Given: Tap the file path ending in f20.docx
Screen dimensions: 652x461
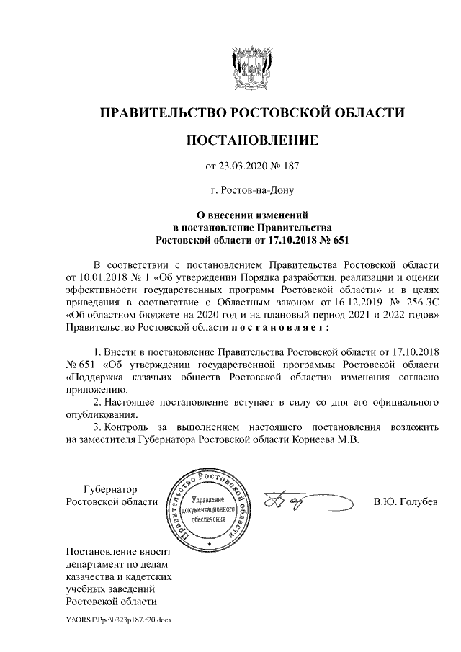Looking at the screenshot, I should click(x=119, y=620).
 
